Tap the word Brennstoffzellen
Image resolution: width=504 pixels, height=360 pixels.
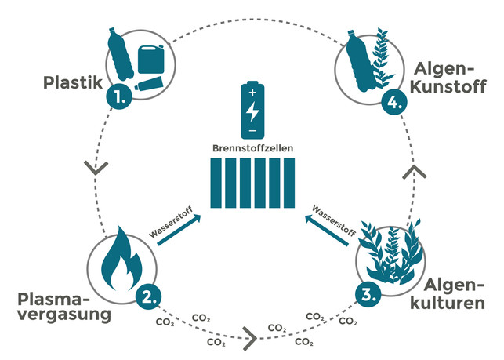(252, 147)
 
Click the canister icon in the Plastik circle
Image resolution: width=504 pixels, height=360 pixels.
(150, 59)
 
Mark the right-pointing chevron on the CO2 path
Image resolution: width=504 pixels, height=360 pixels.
(249, 340)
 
